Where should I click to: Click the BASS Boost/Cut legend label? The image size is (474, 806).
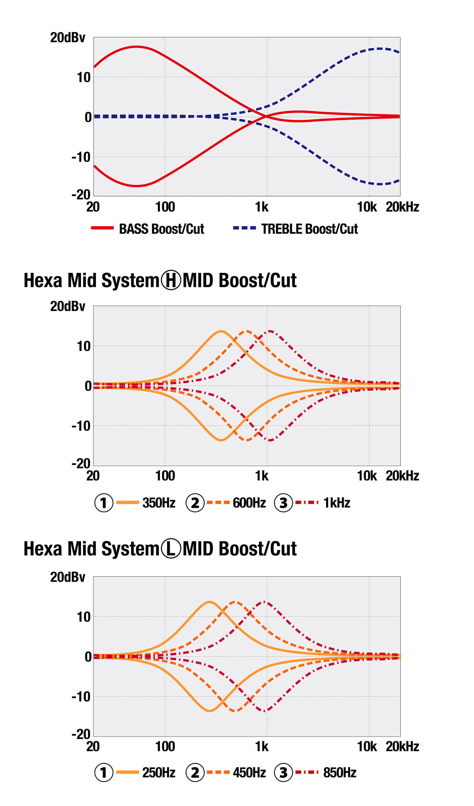coord(161,229)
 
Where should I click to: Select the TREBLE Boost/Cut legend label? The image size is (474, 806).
coord(309,229)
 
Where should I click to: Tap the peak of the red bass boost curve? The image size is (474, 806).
coord(137,47)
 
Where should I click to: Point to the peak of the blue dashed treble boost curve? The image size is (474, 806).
coord(380,49)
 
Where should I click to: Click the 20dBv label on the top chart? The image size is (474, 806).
coord(67,38)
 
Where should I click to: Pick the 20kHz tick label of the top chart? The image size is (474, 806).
coord(402,207)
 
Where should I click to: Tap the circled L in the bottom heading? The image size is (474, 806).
coord(170,548)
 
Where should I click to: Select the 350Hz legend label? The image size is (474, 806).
coord(159,503)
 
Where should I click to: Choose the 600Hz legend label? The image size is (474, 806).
coord(249,503)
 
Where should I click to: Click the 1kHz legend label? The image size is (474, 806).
coord(336,503)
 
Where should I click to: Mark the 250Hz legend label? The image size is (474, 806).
coord(159,772)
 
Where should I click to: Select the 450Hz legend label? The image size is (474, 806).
coord(249,772)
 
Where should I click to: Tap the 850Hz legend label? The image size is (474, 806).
coord(339,772)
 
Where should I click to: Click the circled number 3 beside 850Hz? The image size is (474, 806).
coord(283,772)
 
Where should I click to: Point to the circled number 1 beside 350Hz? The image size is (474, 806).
coord(103,503)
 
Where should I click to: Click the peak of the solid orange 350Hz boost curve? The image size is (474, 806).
coord(221,331)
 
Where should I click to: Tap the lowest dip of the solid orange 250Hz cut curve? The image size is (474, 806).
coord(209,711)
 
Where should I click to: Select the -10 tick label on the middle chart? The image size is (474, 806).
coord(81,426)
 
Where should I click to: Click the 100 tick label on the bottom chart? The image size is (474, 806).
coord(165,746)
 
